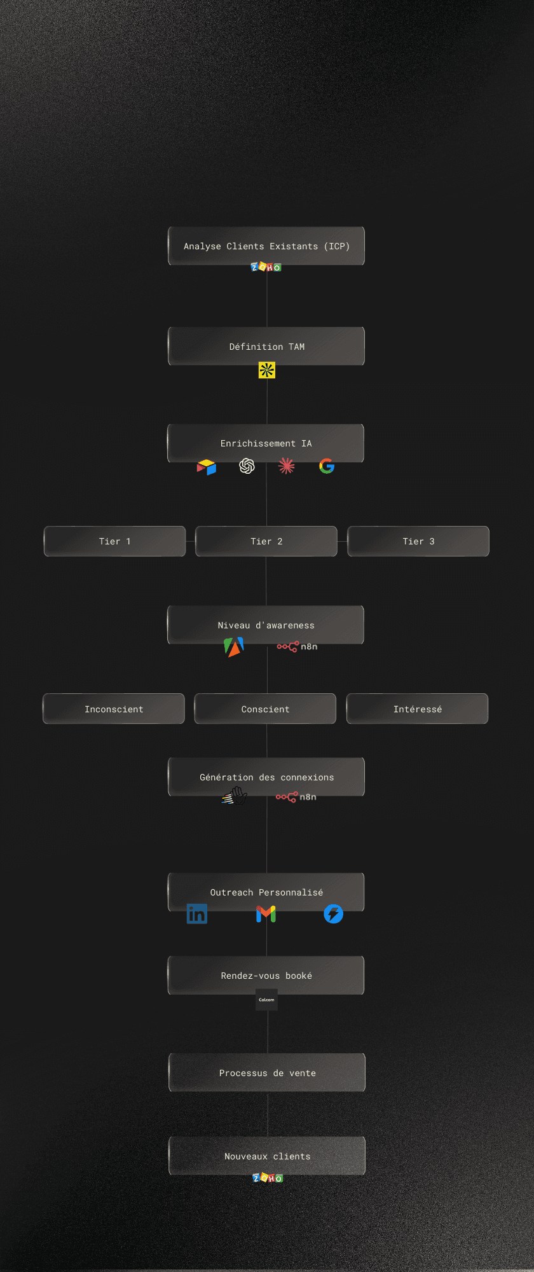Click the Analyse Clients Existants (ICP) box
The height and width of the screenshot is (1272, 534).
266,245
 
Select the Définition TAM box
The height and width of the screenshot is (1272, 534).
266,346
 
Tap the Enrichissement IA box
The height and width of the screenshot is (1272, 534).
266,443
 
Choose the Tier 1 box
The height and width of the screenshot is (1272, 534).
114,541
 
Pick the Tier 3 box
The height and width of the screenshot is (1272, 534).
418,541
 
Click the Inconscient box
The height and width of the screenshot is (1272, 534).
114,709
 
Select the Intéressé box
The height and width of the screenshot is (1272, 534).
417,709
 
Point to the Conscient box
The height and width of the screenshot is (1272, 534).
265,709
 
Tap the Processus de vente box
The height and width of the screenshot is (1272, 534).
267,1072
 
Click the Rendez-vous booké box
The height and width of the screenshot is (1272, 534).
266,975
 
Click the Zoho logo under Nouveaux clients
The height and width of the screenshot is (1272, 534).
268,1178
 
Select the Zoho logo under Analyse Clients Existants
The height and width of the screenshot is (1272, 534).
266,267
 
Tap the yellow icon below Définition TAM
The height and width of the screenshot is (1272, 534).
267,370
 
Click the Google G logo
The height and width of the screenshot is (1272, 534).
327,466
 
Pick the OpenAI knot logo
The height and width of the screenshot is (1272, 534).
247,466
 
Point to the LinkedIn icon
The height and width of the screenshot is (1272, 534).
197,914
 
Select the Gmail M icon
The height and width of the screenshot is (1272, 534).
266,914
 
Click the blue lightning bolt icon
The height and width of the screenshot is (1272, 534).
333,914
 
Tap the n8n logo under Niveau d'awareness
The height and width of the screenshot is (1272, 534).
297,646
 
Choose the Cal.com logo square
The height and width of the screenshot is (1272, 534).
266,1000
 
